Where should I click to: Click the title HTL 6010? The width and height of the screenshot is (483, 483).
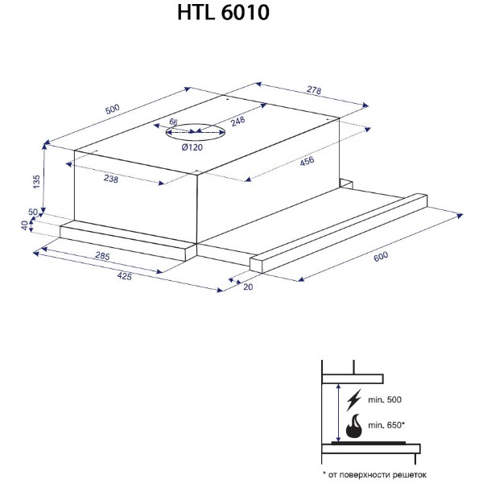[x=223, y=13]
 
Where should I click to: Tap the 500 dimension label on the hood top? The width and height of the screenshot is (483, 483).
[x=112, y=109]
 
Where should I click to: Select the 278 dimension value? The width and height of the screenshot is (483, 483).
[x=314, y=89]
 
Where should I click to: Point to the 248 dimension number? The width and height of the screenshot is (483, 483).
[x=238, y=121]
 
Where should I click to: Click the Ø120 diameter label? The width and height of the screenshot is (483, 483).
[x=192, y=147]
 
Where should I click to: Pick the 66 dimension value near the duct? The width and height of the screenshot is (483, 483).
[x=173, y=122]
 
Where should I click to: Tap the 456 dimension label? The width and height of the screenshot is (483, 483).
[x=307, y=161]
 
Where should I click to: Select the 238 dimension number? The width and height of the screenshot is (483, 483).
[x=111, y=179]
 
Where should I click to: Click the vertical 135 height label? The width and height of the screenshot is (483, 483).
[x=36, y=182]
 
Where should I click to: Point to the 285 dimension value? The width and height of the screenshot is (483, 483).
[x=102, y=256]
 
